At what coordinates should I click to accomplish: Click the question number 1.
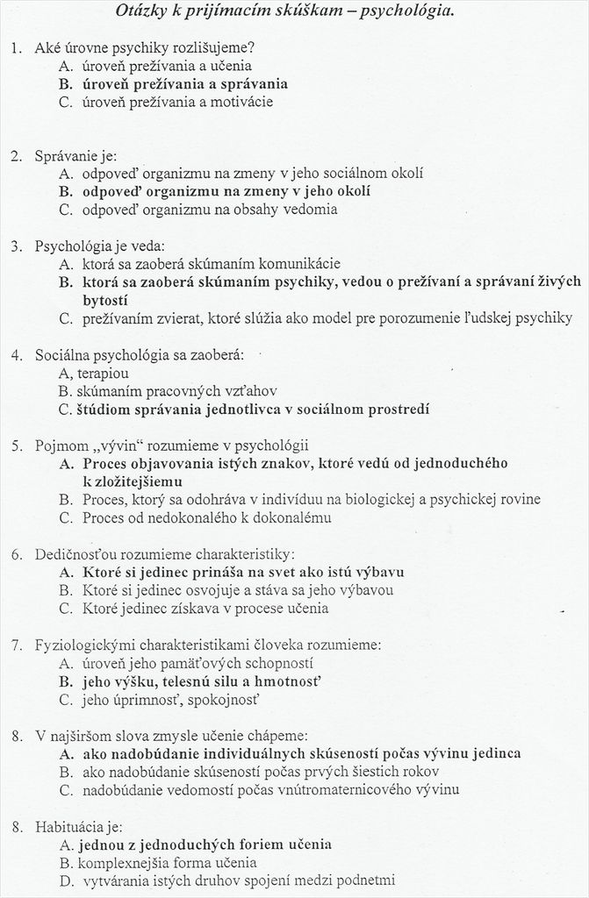click(16, 47)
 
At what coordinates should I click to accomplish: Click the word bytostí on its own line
click(105, 300)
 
